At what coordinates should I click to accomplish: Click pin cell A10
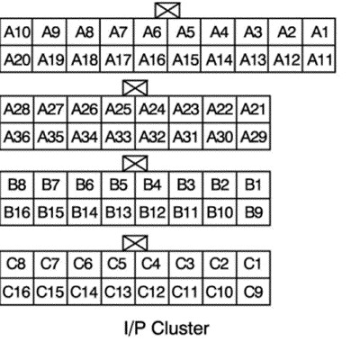16,31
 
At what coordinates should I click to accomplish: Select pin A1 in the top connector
319,31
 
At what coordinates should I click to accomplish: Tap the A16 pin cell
151,58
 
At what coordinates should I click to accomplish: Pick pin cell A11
319,58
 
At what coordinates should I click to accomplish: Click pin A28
17,109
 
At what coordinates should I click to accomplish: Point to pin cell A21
254,109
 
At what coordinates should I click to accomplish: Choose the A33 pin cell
119,136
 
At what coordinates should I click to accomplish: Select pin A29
254,136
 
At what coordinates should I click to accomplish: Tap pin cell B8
17,185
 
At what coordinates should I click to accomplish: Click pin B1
254,185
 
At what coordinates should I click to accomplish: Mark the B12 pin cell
152,212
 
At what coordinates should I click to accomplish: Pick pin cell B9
254,212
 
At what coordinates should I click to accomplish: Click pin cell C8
17,265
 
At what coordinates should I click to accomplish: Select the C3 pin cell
186,265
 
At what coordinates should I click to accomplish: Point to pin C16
17,292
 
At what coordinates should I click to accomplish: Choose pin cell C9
254,292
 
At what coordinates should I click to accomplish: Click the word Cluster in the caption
180,328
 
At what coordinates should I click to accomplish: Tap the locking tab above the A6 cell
167,11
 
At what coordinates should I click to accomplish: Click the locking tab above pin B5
135,164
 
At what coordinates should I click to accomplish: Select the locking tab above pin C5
135,243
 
